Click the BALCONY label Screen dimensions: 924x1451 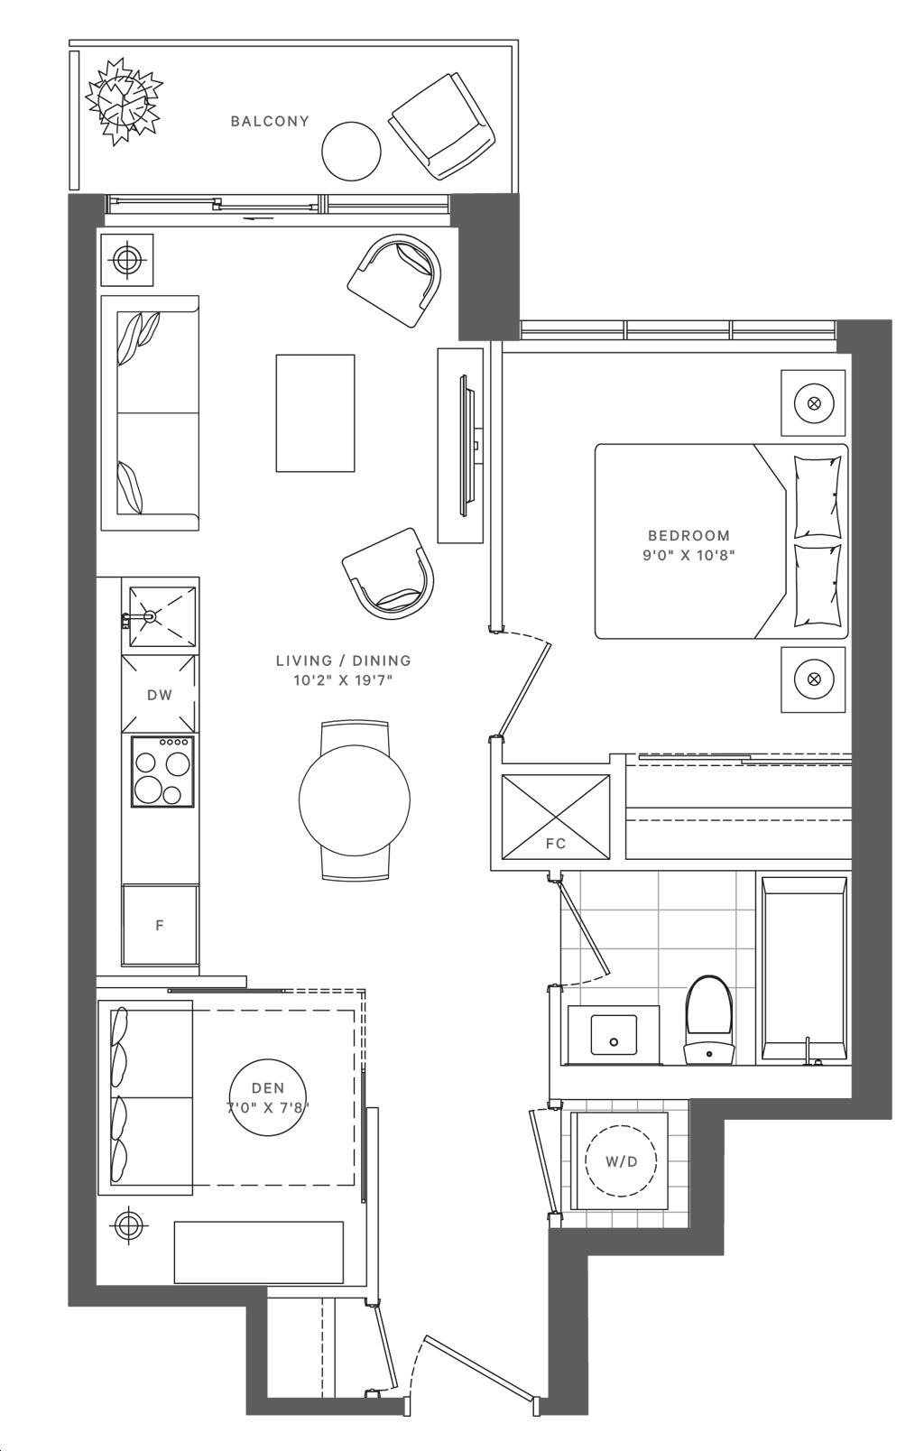(270, 121)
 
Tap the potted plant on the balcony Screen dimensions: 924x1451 (124, 100)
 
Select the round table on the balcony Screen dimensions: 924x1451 (351, 152)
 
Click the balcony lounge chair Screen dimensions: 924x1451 (442, 127)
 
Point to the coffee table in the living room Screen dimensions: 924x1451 (316, 412)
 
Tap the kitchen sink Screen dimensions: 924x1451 (162, 616)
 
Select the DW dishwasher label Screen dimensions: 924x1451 (160, 695)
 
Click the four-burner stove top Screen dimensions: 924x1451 (163, 771)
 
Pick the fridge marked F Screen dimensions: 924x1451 (160, 925)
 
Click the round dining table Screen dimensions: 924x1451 (355, 799)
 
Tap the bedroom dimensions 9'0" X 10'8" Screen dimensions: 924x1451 (688, 555)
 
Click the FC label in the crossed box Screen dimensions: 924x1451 (556, 843)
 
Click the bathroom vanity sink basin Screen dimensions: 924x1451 (613, 1034)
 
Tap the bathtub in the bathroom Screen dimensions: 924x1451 (804, 971)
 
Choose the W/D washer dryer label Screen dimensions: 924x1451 (622, 1161)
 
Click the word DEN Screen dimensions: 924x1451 (268, 1088)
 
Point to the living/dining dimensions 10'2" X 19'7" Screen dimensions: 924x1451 (344, 680)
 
